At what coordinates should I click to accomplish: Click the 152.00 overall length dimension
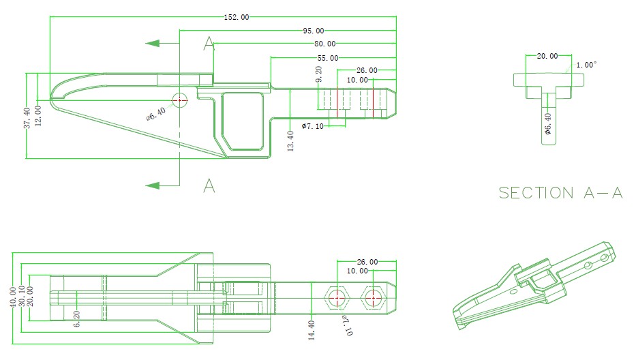tap(236, 17)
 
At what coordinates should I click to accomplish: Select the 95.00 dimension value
tap(314, 31)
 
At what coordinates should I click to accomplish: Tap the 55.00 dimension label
tap(327, 59)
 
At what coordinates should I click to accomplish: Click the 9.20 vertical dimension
tap(318, 74)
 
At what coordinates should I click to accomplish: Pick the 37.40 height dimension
tap(27, 118)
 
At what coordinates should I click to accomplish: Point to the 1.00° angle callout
tap(586, 65)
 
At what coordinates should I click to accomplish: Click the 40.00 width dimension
tap(13, 298)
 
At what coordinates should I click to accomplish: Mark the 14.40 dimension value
tap(311, 330)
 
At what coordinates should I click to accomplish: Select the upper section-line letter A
tap(209, 44)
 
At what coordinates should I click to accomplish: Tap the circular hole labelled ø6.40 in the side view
tap(179, 100)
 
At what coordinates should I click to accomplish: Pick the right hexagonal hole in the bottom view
tap(372, 298)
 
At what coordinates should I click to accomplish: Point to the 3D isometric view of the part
tap(535, 286)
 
